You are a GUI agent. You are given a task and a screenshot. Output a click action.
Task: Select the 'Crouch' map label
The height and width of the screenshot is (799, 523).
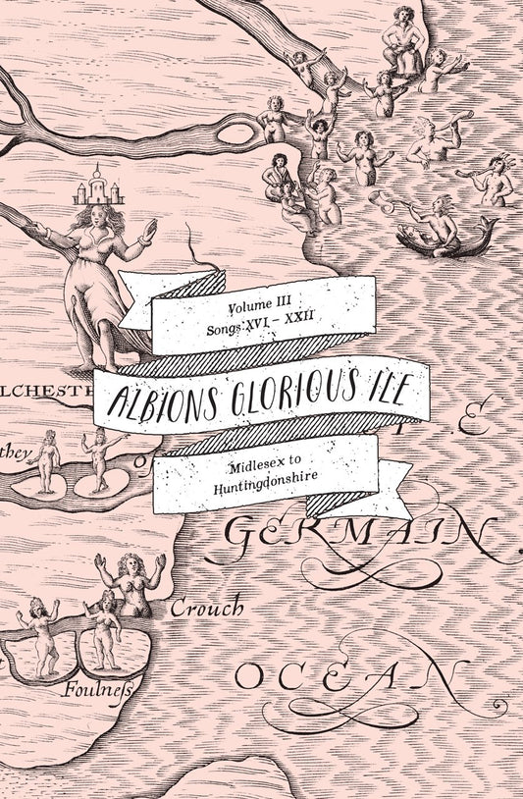click(x=206, y=609)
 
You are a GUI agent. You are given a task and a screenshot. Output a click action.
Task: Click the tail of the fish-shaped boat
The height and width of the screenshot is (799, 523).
click(x=486, y=228)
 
